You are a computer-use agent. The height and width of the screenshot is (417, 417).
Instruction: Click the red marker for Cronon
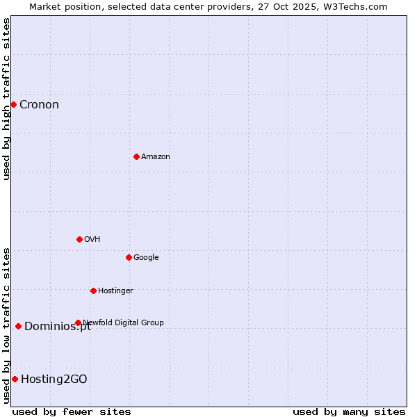(13, 104)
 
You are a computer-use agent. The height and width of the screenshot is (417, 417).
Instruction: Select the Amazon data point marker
(136, 156)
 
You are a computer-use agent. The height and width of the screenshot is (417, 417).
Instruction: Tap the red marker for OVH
(79, 239)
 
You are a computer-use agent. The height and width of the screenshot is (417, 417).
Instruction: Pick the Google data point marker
(129, 257)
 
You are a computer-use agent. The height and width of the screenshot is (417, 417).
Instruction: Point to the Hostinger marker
(93, 291)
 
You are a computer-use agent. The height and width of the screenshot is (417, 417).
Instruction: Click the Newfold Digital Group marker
(78, 322)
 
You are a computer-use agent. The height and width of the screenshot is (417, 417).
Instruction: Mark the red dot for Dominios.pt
(18, 326)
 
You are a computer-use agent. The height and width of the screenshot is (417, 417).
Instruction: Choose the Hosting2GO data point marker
(15, 379)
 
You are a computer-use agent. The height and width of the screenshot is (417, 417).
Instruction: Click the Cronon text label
(39, 105)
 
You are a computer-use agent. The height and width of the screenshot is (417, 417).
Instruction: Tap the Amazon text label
(156, 157)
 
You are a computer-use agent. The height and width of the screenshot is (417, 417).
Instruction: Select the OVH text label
(92, 240)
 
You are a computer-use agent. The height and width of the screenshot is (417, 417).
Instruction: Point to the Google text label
(146, 258)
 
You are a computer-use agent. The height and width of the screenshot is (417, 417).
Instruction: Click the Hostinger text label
(115, 291)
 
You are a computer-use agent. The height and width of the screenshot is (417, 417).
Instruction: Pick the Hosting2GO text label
(54, 379)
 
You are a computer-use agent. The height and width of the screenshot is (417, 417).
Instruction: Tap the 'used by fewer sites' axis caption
(72, 411)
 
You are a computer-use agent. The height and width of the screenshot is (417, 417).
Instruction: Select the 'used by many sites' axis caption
(349, 411)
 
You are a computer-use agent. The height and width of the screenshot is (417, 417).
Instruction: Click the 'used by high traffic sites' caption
(6, 99)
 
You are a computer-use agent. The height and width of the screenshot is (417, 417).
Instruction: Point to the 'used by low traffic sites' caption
(6, 325)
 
